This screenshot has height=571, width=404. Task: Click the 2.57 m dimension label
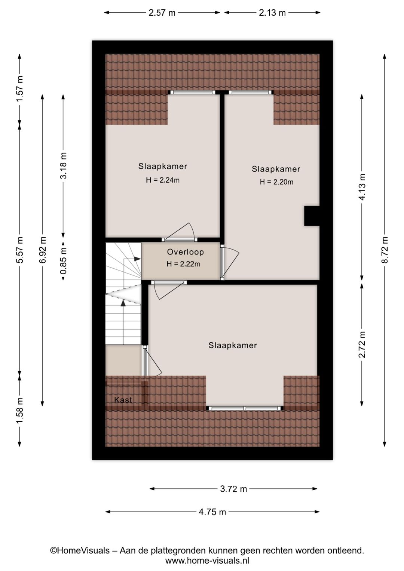pyautogui.click(x=162, y=13)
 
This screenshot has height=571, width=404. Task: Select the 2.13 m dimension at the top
pyautogui.click(x=272, y=13)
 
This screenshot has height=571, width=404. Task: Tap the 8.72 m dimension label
pyautogui.click(x=385, y=250)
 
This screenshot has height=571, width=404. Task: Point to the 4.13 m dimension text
pyautogui.click(x=362, y=187)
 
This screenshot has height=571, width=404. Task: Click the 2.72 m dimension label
pyautogui.click(x=362, y=345)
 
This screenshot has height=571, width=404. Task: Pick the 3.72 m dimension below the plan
pyautogui.click(x=233, y=489)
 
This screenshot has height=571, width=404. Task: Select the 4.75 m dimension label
pyautogui.click(x=212, y=512)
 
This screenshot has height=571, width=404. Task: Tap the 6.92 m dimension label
pyautogui.click(x=43, y=250)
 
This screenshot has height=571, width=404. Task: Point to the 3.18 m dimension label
pyautogui.click(x=63, y=165)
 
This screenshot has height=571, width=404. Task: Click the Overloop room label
pyautogui.click(x=185, y=252)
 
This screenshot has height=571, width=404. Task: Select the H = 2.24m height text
pyautogui.click(x=162, y=180)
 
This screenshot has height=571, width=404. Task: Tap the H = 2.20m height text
pyautogui.click(x=276, y=182)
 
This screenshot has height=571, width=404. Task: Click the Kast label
pyautogui.click(x=123, y=400)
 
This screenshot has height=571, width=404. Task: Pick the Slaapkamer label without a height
pyautogui.click(x=233, y=345)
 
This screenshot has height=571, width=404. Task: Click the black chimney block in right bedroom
pyautogui.click(x=312, y=216)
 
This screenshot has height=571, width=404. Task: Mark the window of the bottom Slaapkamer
pyautogui.click(x=245, y=408)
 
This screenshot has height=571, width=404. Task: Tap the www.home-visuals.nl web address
pyautogui.click(x=207, y=561)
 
